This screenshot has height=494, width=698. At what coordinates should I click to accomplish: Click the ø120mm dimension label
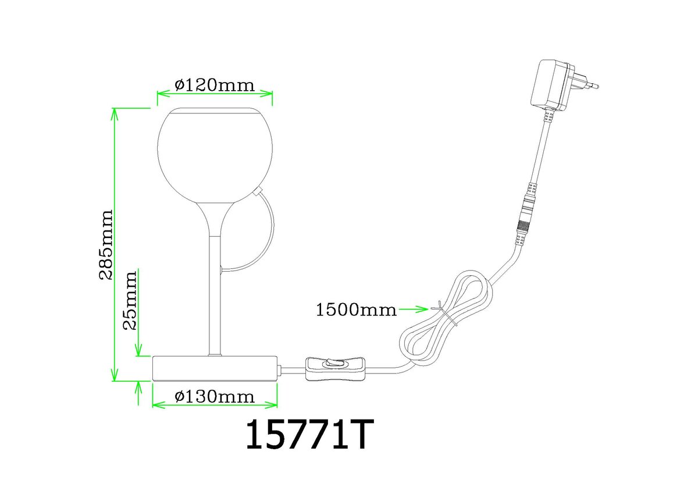(x=215, y=85)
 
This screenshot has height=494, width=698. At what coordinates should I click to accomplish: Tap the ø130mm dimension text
(x=215, y=397)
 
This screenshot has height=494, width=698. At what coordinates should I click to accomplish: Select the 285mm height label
(x=106, y=244)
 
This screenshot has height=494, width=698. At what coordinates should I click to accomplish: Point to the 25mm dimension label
(x=130, y=301)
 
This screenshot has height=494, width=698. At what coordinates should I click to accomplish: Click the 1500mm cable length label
(x=357, y=310)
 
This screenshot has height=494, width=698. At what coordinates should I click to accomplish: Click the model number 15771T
(x=309, y=435)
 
